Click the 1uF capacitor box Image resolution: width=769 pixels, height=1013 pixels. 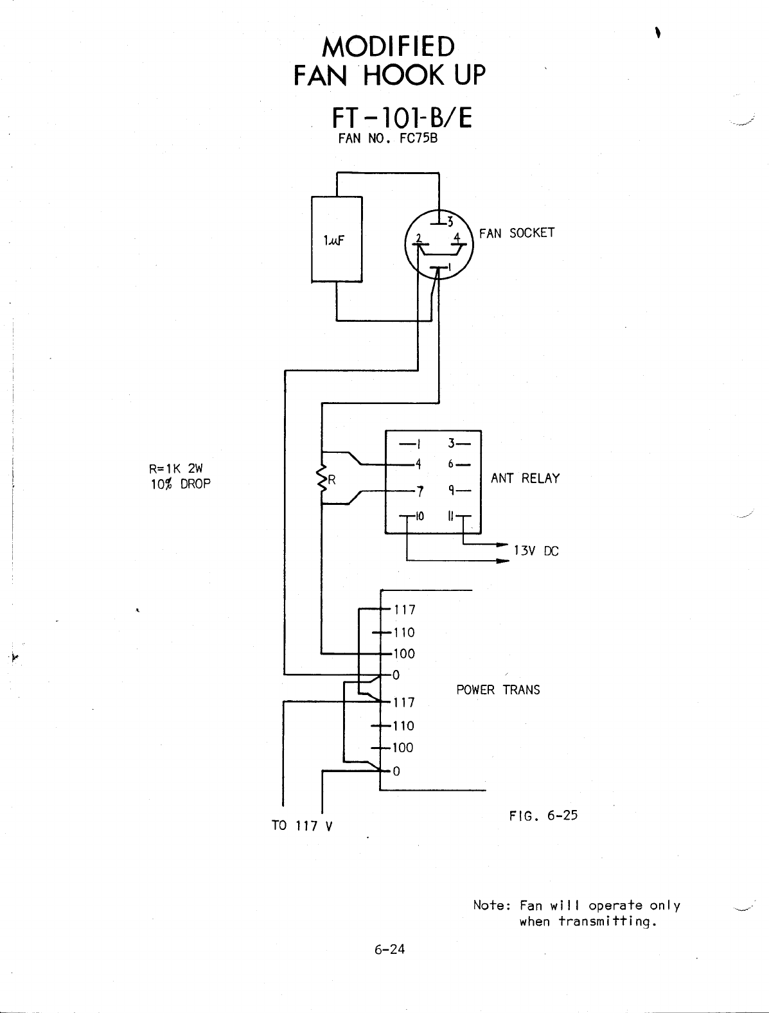coord(337,239)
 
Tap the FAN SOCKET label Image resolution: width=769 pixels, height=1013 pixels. coord(517,233)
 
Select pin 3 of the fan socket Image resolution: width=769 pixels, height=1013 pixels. coord(449,222)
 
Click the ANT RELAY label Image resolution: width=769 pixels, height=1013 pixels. coord(525,479)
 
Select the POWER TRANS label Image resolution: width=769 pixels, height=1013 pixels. coord(498,690)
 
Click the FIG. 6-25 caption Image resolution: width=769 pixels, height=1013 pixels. coord(543,816)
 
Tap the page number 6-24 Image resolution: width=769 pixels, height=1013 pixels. coord(389,949)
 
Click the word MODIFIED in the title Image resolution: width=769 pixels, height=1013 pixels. coord(389,46)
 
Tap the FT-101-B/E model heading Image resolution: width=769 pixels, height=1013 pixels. coord(402,118)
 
